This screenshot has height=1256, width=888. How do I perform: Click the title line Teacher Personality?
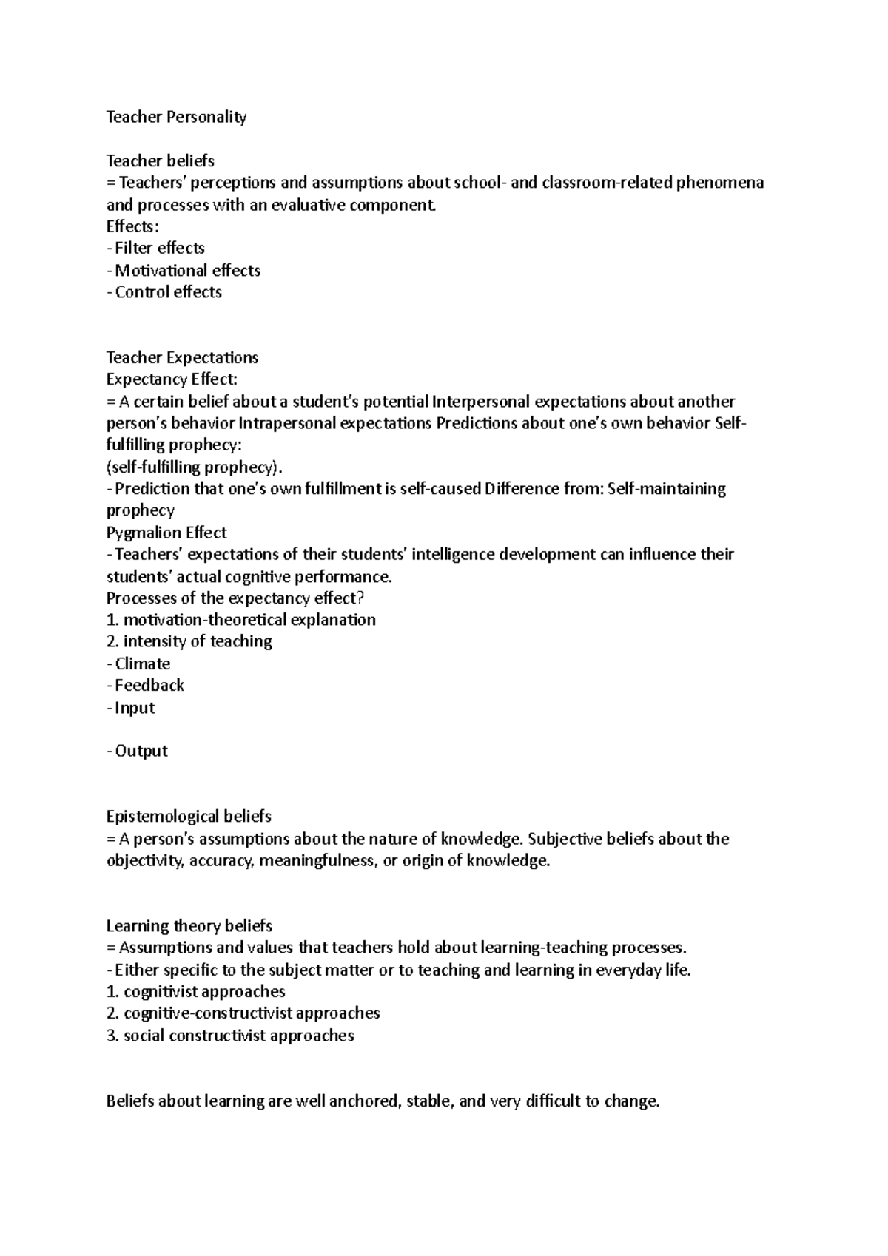[176, 117]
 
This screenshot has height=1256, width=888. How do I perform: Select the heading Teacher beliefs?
[160, 161]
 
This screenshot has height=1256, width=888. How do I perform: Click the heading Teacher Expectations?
[182, 358]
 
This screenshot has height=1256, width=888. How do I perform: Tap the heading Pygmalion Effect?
[166, 533]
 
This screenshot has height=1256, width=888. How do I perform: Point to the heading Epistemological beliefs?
[189, 817]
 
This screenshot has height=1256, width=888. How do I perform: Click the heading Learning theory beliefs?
[189, 926]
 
